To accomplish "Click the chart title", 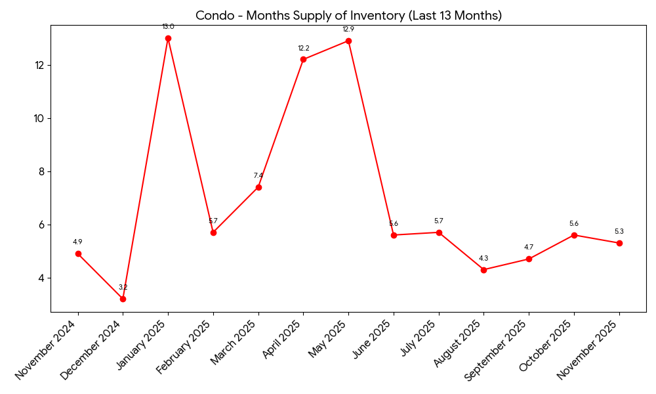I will pos(348,15).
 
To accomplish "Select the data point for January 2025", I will pos(168,39).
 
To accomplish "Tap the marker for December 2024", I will pos(123,299).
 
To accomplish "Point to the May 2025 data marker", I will pos(348,41).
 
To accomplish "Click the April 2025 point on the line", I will pos(303,60).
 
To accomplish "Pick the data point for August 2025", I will pos(483,270).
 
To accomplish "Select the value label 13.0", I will pos(168,27).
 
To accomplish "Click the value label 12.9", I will pos(348,30).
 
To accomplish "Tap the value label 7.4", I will pos(258,175).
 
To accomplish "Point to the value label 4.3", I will pos(483,258).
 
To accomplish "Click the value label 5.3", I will pos(619,231).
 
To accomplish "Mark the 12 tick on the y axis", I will pos(40,66).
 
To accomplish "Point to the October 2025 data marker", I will pos(574,235).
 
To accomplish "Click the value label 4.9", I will pos(77,242).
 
